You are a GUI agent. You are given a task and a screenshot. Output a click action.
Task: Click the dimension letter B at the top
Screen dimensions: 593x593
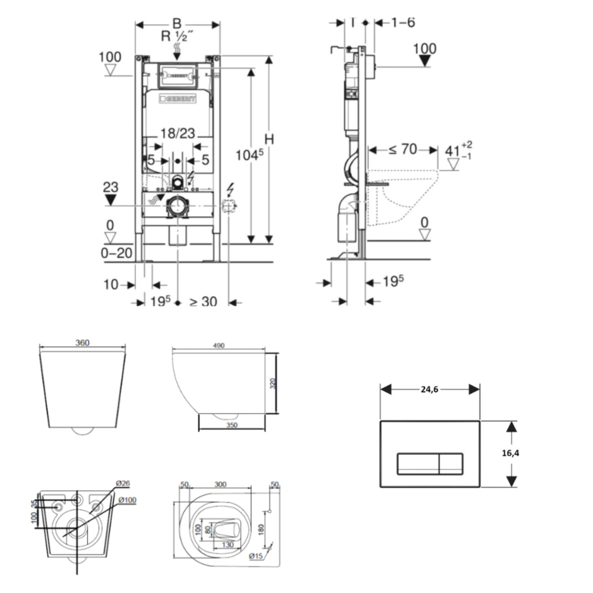[177, 24]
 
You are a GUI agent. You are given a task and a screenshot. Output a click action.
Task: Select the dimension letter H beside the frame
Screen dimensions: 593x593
[269, 139]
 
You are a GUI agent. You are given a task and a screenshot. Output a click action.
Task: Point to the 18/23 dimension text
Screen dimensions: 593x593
[177, 134]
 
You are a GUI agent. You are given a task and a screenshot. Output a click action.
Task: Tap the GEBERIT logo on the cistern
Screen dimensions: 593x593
[178, 99]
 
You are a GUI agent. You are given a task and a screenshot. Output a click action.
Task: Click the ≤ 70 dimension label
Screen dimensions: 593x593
[403, 149]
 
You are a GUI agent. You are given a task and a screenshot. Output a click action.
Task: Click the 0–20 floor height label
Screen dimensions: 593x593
[116, 253]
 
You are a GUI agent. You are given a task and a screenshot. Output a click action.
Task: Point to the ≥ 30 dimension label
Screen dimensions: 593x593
[203, 302]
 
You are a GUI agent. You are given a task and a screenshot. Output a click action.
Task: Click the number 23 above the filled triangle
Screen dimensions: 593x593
[110, 187]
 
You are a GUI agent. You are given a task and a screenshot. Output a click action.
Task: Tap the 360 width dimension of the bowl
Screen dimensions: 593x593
[82, 343]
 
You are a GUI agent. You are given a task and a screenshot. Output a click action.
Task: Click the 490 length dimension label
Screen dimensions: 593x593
[218, 345]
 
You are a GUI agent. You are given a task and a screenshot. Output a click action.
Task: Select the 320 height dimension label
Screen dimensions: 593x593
[273, 383]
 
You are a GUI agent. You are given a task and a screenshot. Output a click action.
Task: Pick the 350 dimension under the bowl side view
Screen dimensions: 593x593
[231, 425]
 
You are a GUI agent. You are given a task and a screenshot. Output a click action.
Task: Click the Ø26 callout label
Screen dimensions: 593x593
[122, 484]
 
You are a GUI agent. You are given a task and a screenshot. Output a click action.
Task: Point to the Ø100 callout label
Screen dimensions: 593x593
[127, 500]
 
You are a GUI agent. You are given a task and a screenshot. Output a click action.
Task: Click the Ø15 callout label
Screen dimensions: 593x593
[256, 556]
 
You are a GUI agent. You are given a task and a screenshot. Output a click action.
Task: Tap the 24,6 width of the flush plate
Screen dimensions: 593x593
[430, 390]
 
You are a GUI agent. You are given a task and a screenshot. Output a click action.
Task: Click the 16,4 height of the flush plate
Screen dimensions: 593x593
[511, 453]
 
